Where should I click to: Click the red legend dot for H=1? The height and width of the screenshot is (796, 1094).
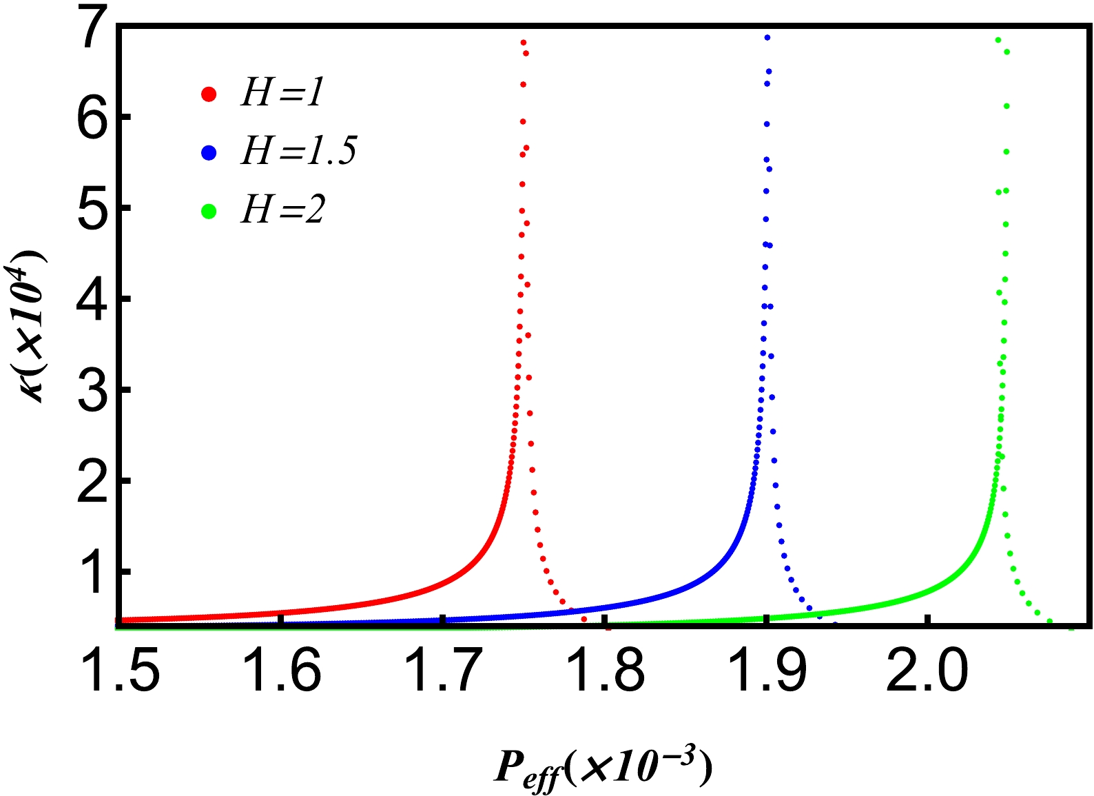tap(209, 94)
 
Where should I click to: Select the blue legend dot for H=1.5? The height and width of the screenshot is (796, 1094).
tap(209, 153)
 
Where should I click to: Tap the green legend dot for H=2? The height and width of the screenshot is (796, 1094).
tap(209, 212)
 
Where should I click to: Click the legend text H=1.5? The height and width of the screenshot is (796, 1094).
tap(298, 151)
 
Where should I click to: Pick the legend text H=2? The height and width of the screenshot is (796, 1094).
tap(282, 210)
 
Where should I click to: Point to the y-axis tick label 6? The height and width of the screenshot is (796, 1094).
tap(95, 117)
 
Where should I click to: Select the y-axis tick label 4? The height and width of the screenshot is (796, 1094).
tap(95, 299)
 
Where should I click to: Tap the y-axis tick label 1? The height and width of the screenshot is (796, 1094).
tap(95, 572)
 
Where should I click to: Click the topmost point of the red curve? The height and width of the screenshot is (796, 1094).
tap(524, 43)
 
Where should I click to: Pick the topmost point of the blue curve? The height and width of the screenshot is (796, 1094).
tap(767, 37)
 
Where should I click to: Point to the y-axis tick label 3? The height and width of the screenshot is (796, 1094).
tap(95, 390)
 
